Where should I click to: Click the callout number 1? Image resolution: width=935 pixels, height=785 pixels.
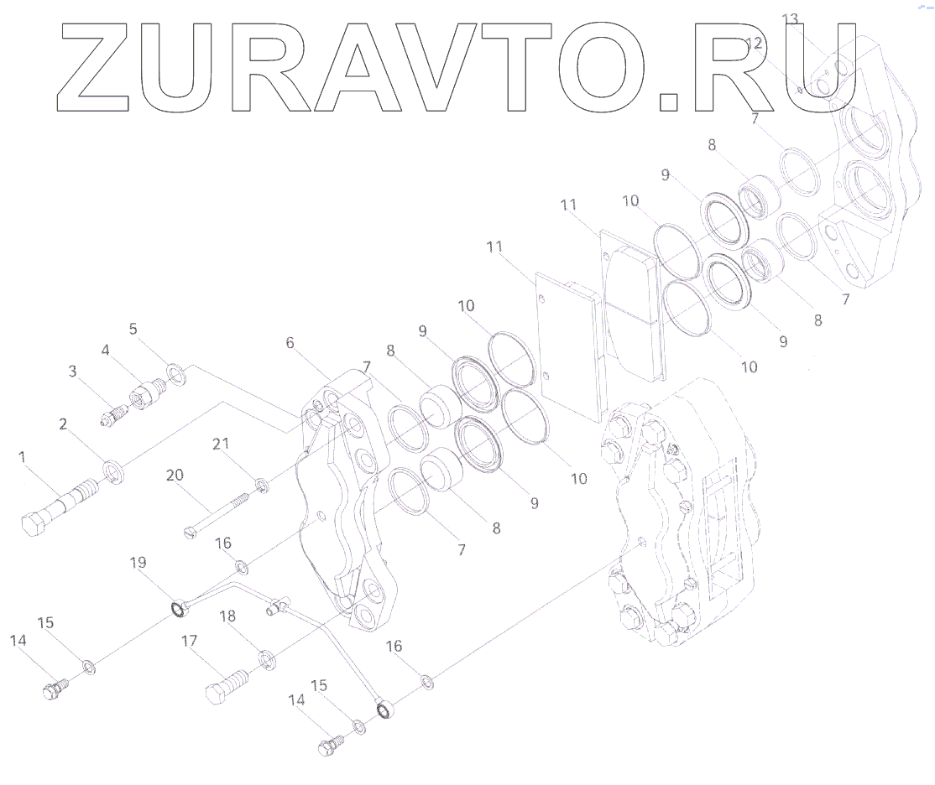22,457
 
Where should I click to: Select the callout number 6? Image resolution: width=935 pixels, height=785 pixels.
290,343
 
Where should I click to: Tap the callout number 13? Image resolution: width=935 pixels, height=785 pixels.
791,18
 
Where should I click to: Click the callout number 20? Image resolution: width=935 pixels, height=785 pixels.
175,476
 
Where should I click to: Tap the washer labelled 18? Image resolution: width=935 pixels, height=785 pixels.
266,659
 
